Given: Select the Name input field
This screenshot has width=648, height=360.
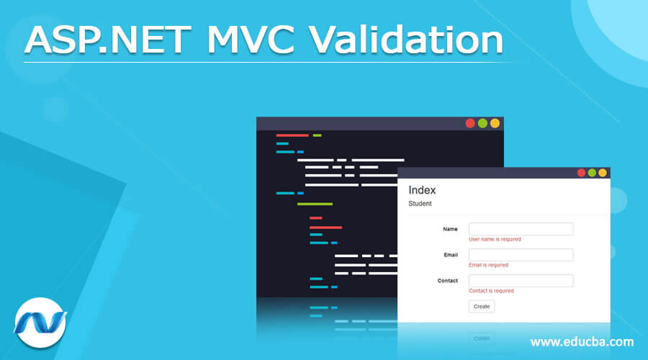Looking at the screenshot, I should click(x=521, y=229).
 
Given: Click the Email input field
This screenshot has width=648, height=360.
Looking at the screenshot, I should click(x=521, y=255).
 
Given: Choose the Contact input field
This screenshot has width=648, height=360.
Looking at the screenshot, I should click(x=521, y=281).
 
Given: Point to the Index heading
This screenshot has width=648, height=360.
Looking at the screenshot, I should click(x=422, y=190).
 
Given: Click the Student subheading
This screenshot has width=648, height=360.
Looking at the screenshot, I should click(x=420, y=204).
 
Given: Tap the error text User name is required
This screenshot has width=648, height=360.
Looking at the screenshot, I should click(x=495, y=239).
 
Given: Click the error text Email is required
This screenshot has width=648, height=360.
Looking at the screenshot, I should click(x=488, y=265).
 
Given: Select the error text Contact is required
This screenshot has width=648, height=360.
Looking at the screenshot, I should click(x=491, y=291).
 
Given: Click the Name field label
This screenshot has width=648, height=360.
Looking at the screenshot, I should click(x=450, y=229).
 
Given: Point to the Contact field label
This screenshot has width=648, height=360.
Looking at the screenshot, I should click(x=447, y=281).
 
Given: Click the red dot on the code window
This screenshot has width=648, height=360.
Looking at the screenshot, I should click(x=470, y=123).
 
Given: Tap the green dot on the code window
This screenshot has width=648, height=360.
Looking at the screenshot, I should click(x=482, y=123).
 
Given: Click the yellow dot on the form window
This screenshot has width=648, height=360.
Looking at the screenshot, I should click(x=603, y=173).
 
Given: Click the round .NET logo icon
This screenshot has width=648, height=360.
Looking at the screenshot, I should click(x=40, y=323).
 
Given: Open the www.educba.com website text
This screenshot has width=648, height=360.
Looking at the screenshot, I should click(x=582, y=341).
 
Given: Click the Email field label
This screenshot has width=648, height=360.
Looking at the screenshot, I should click(x=451, y=255).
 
